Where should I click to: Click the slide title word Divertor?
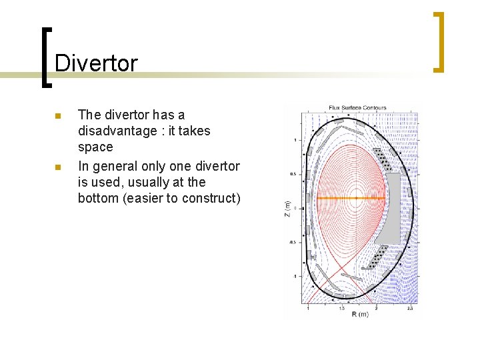click(x=96, y=63)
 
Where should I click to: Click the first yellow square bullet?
click(x=59, y=116)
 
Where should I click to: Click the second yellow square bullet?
click(x=59, y=167)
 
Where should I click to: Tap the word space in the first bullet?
click(x=95, y=147)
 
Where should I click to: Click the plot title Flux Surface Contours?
click(x=357, y=108)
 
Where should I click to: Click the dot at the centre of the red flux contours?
click(x=356, y=198)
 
